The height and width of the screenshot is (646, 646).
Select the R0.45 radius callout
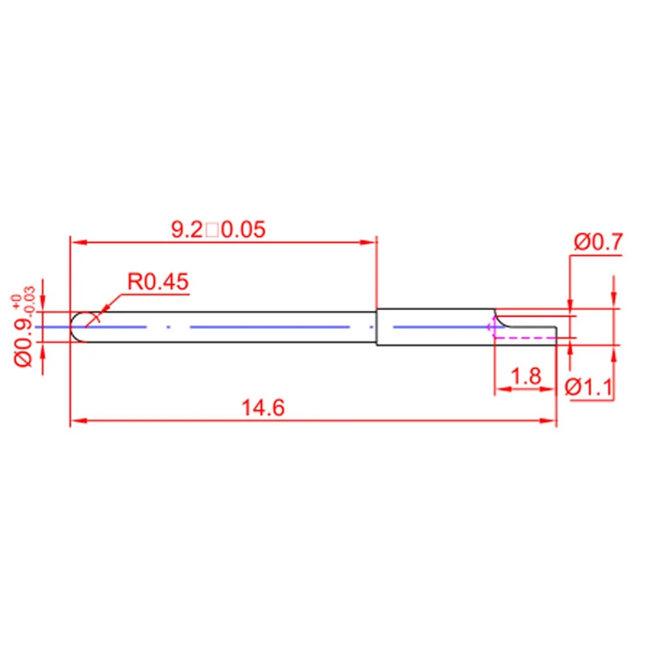point(158,282)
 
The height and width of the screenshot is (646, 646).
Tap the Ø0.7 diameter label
point(597,242)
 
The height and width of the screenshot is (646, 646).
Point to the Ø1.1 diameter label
point(589,388)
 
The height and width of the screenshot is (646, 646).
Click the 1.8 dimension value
point(525,376)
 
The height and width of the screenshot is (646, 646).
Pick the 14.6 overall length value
point(263,408)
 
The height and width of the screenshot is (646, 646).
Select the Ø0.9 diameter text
point(22,340)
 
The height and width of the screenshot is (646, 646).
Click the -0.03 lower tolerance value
point(31,297)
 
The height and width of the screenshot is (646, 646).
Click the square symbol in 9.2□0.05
point(211,230)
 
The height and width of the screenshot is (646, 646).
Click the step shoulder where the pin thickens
point(377,327)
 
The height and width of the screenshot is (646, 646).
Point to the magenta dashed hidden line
point(525,339)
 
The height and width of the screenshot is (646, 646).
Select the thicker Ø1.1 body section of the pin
point(435,327)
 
